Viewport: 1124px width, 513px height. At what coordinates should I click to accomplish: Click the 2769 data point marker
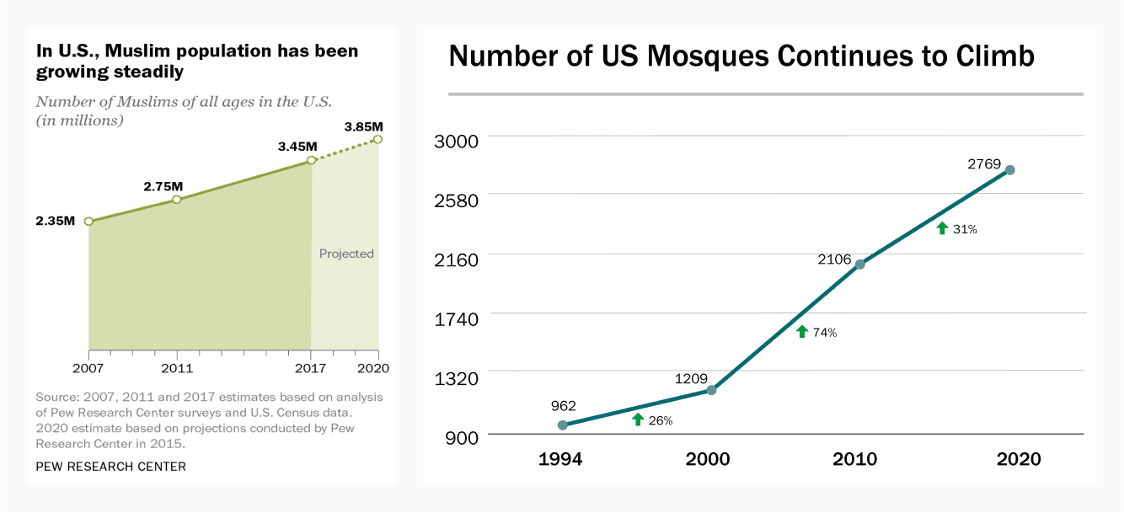(1009, 170)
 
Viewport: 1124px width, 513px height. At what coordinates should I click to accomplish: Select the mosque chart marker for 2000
(711, 390)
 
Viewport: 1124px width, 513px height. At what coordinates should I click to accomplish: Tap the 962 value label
(563, 406)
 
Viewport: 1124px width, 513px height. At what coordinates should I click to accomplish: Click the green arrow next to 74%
(802, 332)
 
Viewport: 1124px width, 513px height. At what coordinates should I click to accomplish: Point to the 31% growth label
(965, 229)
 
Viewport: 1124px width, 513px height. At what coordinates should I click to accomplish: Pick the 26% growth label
(661, 420)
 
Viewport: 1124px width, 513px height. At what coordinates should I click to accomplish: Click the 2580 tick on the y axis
(455, 200)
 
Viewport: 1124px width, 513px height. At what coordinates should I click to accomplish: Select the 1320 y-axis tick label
(455, 377)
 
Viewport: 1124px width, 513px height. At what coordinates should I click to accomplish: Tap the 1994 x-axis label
(560, 460)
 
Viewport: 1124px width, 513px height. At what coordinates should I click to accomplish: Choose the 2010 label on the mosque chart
(854, 460)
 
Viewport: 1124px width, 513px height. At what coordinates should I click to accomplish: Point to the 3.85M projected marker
(378, 139)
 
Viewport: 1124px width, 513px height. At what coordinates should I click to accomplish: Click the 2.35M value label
(55, 222)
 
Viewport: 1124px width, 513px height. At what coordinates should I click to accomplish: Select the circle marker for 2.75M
(177, 200)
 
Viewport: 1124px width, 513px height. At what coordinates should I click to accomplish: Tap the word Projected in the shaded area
(346, 254)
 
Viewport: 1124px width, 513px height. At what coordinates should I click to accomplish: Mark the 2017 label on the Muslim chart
(311, 368)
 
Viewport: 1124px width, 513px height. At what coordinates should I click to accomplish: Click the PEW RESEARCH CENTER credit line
(110, 467)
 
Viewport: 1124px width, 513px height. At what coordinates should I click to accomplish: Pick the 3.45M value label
(297, 147)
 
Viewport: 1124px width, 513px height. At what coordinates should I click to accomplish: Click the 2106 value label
(835, 259)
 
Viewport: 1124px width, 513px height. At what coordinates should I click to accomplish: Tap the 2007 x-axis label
(88, 368)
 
